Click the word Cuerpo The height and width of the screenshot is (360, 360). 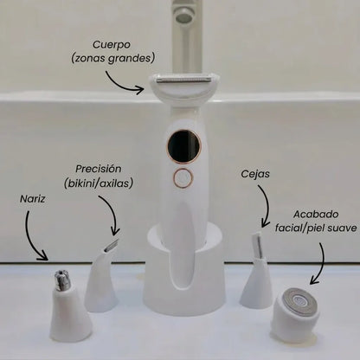pyautogui.click(x=112, y=45)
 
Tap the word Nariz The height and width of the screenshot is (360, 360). pyautogui.click(x=32, y=199)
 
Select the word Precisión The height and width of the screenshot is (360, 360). pyautogui.click(x=99, y=169)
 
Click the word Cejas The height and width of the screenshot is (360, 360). pyautogui.click(x=255, y=174)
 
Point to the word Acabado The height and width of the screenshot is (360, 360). pyautogui.click(x=316, y=215)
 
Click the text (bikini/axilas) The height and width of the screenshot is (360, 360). pyautogui.click(x=99, y=183)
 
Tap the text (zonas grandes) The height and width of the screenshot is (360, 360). pyautogui.click(x=112, y=59)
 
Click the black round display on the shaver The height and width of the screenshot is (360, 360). pyautogui.click(x=184, y=146)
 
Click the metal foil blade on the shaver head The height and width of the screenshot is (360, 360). pyautogui.click(x=183, y=79)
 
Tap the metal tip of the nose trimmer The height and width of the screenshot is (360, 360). pyautogui.click(x=62, y=279)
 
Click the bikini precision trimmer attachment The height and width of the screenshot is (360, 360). pyautogui.click(x=102, y=278)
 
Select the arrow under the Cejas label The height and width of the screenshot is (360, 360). pyautogui.click(x=267, y=205)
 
